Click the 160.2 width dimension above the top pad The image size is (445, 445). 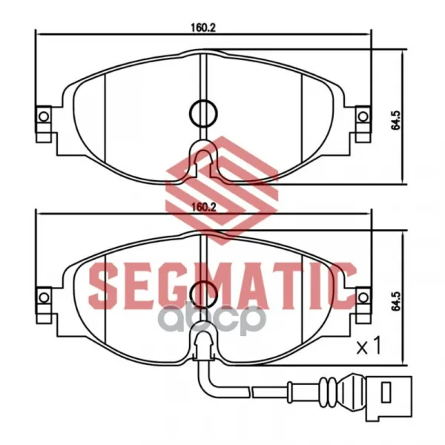[203, 27]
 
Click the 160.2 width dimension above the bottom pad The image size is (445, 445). [204, 207]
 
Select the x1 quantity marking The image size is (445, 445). [369, 346]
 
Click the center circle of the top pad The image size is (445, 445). [203, 113]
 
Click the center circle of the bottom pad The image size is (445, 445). [203, 294]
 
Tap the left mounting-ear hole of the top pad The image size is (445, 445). [44, 116]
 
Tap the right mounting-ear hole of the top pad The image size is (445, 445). [363, 116]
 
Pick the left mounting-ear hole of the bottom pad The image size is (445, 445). [44, 297]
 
